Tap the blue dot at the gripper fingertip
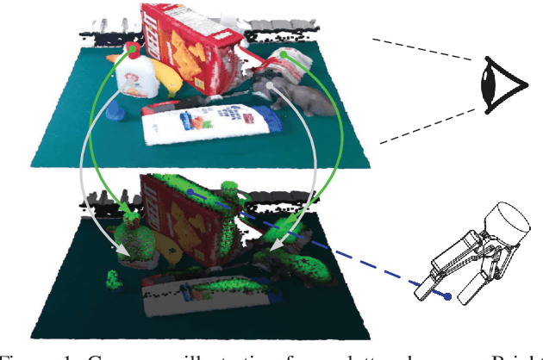tap(447, 296)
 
